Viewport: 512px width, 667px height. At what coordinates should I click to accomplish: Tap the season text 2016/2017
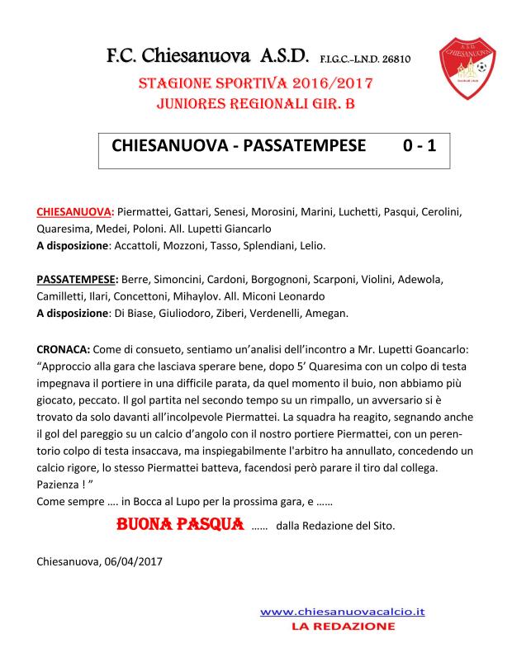pos(329,84)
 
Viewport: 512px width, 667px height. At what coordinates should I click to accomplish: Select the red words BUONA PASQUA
pos(179,523)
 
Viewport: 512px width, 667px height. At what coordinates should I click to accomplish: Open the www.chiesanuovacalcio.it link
pos(343,612)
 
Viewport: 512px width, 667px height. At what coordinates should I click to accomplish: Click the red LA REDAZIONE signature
pos(343,627)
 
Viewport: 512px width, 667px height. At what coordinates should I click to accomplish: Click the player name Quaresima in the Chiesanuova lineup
pos(65,229)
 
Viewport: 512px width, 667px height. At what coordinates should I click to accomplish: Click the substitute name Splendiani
pos(265,245)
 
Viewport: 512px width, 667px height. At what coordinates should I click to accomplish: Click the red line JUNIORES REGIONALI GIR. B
pos(255,105)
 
